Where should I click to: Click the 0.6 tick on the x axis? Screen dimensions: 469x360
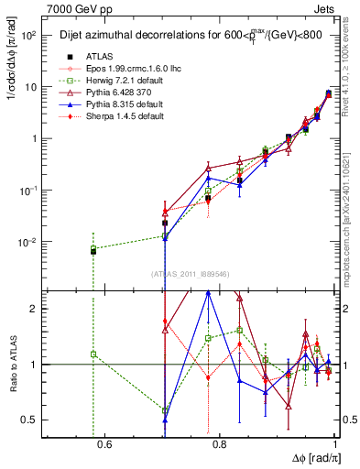pyautogui.click(x=104, y=446)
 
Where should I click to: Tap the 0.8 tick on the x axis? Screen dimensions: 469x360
pyautogui.click(x=222, y=446)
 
